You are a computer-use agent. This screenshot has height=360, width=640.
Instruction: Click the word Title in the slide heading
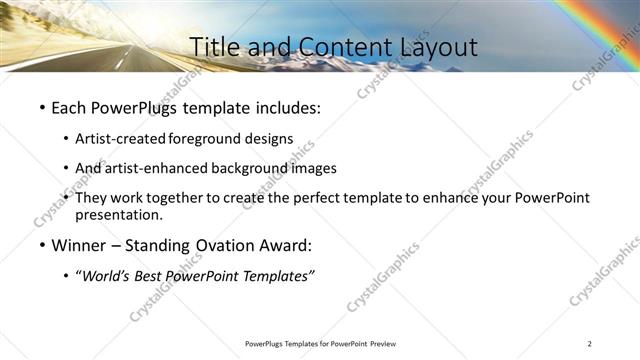tap(213, 47)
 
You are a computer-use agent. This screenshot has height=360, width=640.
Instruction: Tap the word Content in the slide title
tap(334, 47)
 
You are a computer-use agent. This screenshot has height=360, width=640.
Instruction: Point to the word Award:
tap(285, 245)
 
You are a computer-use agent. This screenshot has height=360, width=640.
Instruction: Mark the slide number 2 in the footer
tap(590, 344)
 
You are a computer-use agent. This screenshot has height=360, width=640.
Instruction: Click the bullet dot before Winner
tap(41, 246)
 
